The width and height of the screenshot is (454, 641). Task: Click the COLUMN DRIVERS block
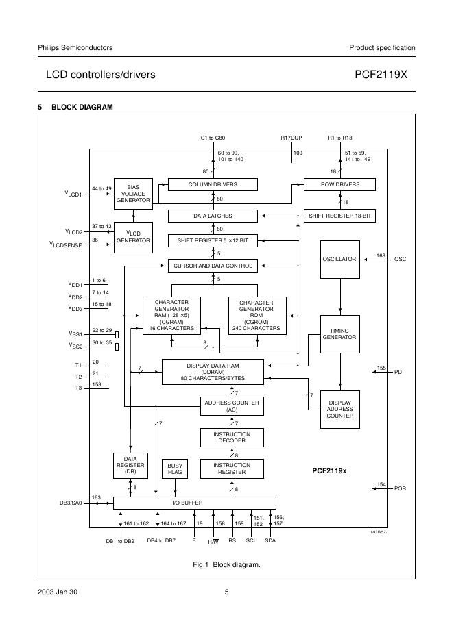pyautogui.click(x=213, y=184)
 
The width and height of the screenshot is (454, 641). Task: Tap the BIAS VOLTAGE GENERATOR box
pyautogui.click(x=132, y=194)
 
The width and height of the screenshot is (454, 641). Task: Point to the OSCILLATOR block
pyautogui.click(x=339, y=260)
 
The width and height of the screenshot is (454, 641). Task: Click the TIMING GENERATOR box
pyautogui.click(x=339, y=334)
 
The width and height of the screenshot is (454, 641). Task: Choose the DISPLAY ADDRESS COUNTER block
pyautogui.click(x=339, y=410)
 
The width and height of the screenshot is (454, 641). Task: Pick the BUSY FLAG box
pyautogui.click(x=175, y=468)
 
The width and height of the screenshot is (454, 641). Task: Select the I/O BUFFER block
pyautogui.click(x=194, y=503)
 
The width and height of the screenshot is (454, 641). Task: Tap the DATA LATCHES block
pyautogui.click(x=213, y=216)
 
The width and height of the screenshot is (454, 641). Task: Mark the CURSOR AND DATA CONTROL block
pyautogui.click(x=213, y=265)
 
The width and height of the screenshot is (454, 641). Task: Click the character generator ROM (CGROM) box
pyautogui.click(x=256, y=315)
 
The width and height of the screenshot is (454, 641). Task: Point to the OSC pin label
pyautogui.click(x=401, y=260)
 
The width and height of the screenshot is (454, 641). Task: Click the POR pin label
pyautogui.click(x=401, y=488)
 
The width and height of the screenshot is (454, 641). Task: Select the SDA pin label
pyautogui.click(x=270, y=541)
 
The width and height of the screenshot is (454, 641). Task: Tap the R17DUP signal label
pyautogui.click(x=291, y=138)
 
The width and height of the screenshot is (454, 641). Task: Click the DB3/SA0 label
pyautogui.click(x=70, y=503)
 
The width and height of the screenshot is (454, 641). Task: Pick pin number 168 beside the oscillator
pyautogui.click(x=381, y=255)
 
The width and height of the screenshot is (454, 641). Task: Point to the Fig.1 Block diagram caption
pyautogui.click(x=226, y=565)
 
